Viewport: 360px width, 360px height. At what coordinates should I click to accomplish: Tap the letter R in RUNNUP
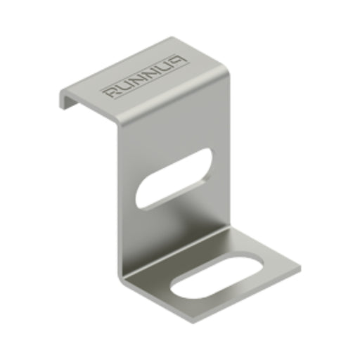tap(110, 92)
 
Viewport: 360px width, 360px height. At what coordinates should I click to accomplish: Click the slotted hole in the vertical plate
tap(173, 177)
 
